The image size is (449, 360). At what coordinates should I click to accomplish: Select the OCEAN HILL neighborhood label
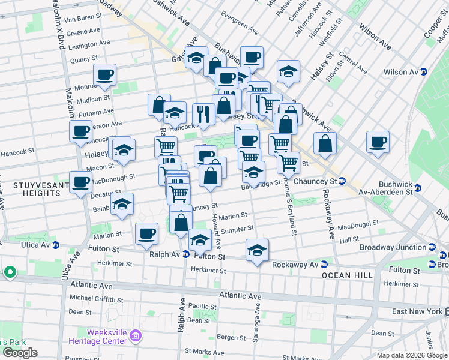coord(346,275)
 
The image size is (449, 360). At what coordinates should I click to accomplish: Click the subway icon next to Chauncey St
coord(342,181)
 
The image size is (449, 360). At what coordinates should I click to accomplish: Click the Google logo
coord(19,353)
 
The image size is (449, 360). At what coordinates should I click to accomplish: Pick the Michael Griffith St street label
coord(97,298)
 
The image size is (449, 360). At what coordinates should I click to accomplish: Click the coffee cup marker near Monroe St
coord(105,75)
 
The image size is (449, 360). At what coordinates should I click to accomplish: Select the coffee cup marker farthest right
coord(378,142)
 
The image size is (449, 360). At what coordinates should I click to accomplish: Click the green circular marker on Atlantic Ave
coord(10,273)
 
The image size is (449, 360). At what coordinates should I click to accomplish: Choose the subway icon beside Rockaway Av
coord(324,264)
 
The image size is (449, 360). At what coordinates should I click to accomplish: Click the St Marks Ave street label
coord(202,351)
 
